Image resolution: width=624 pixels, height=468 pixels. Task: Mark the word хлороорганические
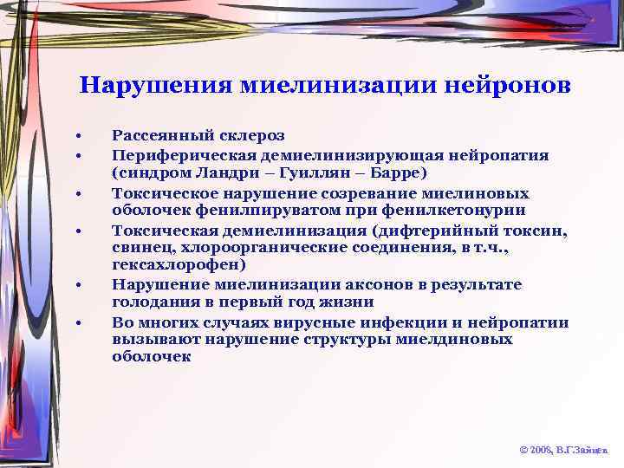tap(245, 248)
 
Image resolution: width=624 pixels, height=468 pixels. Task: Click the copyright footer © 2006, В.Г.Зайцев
tap(564, 451)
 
